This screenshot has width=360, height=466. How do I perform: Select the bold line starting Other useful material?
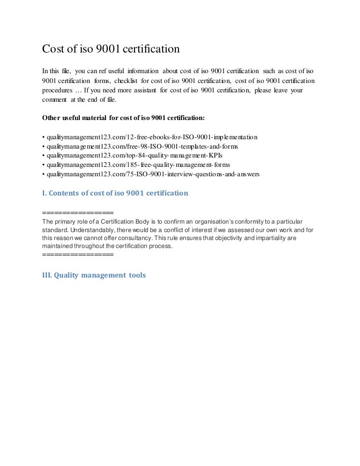click(123, 118)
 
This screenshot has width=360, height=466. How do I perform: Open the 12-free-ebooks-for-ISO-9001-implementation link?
click(150, 137)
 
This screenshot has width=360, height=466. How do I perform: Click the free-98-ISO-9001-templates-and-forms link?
click(140, 146)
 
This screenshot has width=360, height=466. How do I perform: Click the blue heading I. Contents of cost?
click(115, 193)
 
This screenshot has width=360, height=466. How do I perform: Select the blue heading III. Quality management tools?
click(94, 275)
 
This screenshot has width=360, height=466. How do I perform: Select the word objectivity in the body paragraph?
click(226, 238)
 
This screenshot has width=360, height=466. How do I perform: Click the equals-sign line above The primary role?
click(78, 212)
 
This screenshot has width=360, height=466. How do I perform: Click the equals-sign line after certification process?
click(78, 255)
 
